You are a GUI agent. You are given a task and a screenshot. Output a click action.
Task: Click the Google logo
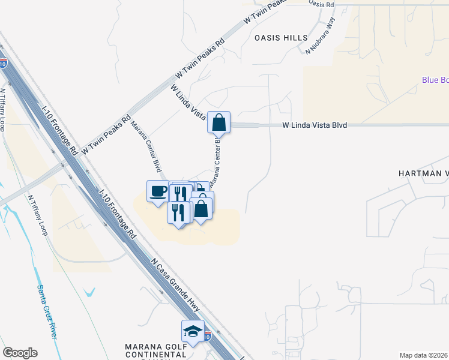(20, 353)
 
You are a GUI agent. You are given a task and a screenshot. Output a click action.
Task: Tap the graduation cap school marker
(193, 332)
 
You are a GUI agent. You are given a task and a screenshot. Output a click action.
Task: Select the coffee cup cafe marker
(158, 192)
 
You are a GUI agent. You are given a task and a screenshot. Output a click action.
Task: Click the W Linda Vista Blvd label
(315, 125)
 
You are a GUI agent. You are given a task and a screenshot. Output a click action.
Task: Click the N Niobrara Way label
(321, 35)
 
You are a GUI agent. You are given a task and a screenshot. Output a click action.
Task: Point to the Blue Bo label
(435, 80)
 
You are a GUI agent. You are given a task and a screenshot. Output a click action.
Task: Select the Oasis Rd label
(321, 4)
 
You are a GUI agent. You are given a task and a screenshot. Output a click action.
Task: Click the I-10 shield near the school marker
(208, 336)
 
